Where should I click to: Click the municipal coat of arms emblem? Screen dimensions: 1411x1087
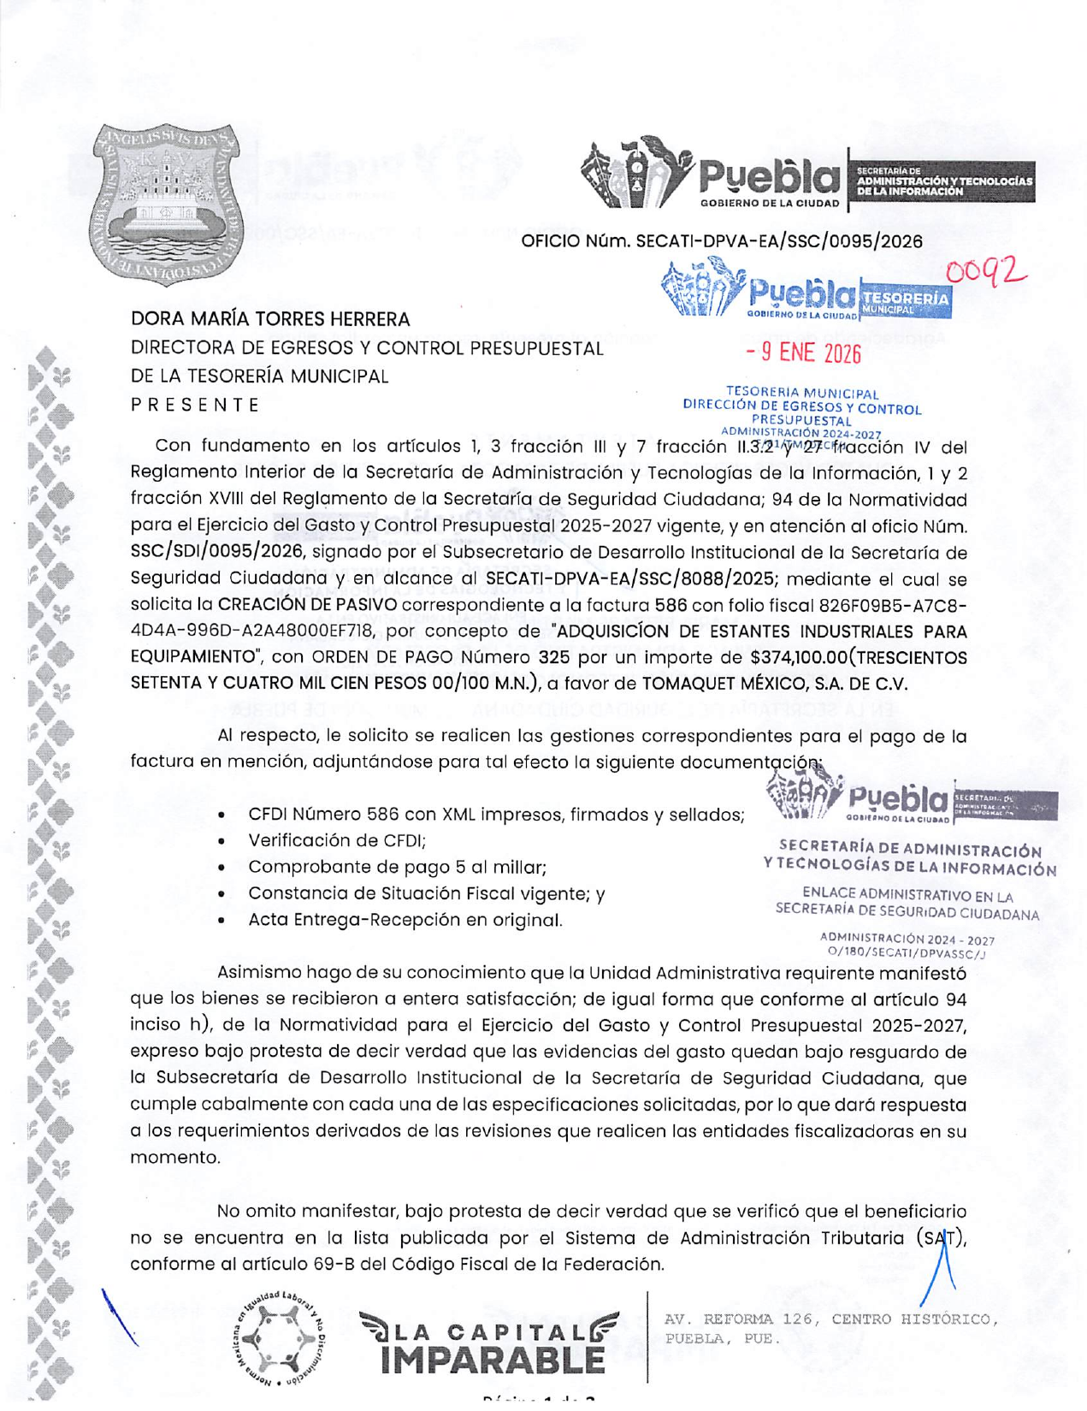click(x=167, y=204)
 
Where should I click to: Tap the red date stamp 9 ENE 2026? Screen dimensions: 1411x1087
click(x=803, y=352)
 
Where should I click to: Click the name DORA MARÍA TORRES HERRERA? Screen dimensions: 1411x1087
click(x=270, y=319)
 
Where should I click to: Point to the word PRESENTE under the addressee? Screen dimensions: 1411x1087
click(x=195, y=405)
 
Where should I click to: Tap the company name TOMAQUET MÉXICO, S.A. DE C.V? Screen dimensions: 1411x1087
click(x=775, y=684)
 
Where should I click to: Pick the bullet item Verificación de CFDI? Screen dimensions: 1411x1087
click(x=337, y=840)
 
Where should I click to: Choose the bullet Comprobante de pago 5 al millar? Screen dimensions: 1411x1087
click(x=397, y=867)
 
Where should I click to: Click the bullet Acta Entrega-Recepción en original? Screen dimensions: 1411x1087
click(x=405, y=920)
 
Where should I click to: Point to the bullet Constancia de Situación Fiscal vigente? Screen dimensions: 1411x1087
click(x=426, y=893)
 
